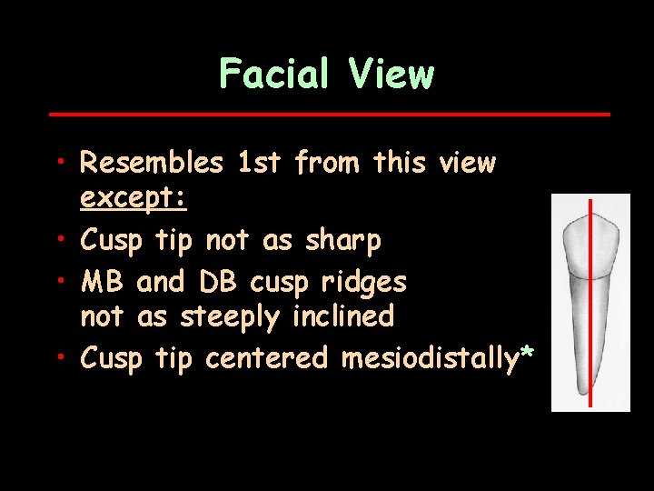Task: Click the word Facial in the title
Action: [275, 73]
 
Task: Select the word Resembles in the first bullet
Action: [152, 164]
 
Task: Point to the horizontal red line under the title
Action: [328, 115]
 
